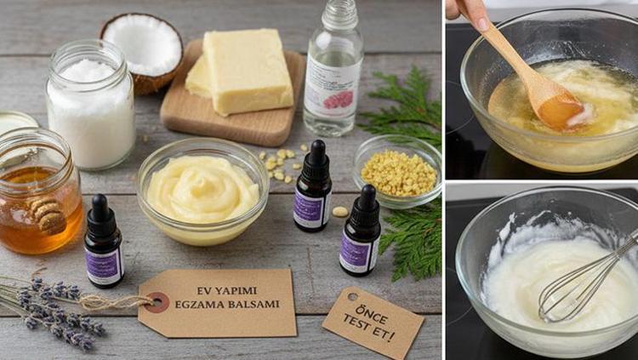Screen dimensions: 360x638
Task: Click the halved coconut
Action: pos(141,49)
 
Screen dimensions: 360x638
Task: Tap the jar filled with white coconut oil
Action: pos(90,106)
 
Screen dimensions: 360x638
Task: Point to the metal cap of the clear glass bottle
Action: pos(339,13)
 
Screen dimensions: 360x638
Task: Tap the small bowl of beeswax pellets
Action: pos(397,170)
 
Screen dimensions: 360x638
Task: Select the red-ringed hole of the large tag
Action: pos(157,301)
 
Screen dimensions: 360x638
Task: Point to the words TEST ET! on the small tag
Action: pos(370,328)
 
